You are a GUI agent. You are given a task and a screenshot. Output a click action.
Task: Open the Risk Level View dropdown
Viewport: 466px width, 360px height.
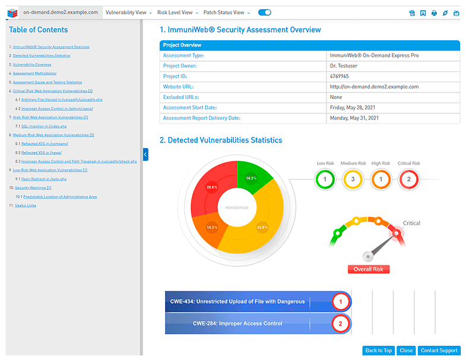click(x=177, y=12)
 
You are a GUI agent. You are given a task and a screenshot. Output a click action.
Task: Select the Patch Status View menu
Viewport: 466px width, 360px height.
click(x=226, y=12)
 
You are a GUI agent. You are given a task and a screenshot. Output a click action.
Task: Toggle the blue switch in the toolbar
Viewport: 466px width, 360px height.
click(x=265, y=12)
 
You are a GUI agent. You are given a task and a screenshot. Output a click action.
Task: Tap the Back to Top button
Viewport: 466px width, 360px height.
click(x=378, y=351)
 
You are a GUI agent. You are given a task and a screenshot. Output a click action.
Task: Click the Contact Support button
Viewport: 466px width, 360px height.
click(x=439, y=351)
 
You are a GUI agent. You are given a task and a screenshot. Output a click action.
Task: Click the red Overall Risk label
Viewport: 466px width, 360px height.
click(x=368, y=269)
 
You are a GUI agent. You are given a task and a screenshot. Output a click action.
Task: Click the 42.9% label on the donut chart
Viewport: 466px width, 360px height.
click(x=262, y=227)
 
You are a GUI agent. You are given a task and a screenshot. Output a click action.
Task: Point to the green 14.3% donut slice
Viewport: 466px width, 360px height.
click(x=251, y=177)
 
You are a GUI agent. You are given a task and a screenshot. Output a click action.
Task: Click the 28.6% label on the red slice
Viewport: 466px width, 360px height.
click(x=211, y=187)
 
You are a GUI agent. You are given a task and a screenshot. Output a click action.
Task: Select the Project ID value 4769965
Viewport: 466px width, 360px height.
click(x=339, y=77)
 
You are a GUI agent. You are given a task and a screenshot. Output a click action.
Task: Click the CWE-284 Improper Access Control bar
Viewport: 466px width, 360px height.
click(x=237, y=324)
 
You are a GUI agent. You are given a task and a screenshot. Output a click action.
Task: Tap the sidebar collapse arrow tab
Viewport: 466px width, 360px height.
click(x=145, y=155)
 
